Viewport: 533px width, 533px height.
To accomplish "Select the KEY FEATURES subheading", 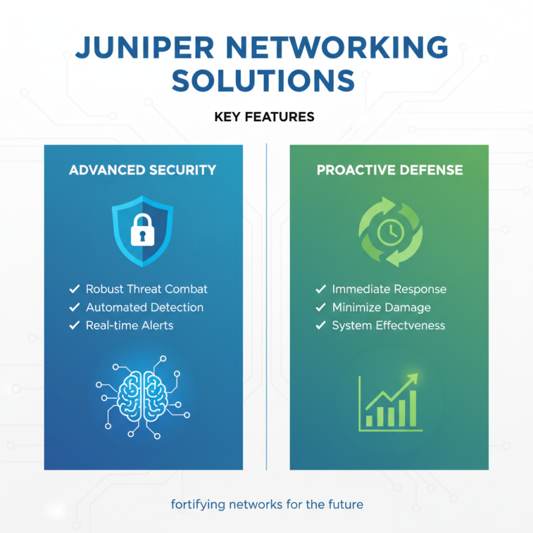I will [x=265, y=117].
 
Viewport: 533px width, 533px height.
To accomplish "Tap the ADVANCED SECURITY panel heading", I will [x=143, y=170].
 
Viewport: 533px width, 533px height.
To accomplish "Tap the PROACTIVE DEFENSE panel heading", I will [x=390, y=170].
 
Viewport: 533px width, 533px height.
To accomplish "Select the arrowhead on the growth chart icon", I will [x=414, y=378].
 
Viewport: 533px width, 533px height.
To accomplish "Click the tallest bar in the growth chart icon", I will [x=412, y=408].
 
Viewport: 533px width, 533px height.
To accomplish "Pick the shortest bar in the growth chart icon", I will [x=368, y=417].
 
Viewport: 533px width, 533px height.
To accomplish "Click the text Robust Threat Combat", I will [x=147, y=289].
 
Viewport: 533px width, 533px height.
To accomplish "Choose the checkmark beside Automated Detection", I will [x=75, y=307].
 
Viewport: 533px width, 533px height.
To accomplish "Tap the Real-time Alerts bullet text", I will [x=129, y=325].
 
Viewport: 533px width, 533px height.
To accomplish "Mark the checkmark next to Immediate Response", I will [x=321, y=289].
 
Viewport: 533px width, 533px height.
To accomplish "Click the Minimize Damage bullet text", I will [x=381, y=307].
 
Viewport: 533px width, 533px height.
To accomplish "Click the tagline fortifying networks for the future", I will [x=266, y=504].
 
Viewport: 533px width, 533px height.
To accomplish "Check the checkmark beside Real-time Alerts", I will [x=75, y=325].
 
